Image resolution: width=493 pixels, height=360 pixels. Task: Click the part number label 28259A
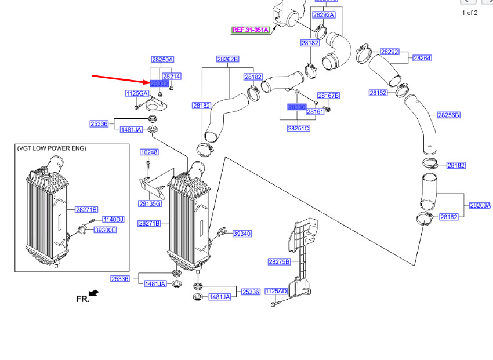pyautogui.click(x=163, y=60)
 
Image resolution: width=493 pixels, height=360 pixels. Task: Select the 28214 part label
pyautogui.click(x=172, y=77)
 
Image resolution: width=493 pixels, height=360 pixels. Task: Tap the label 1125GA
pyautogui.click(x=137, y=93)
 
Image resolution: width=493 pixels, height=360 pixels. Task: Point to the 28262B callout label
pyautogui.click(x=228, y=59)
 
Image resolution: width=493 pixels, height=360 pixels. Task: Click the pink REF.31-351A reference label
pyautogui.click(x=251, y=30)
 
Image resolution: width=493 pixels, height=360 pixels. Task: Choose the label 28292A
pyautogui.click(x=324, y=15)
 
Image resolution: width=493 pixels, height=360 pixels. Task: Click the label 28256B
pyautogui.click(x=448, y=115)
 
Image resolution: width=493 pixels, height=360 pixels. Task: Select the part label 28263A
pyautogui.click(x=480, y=205)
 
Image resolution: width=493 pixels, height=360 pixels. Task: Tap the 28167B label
pyautogui.click(x=328, y=96)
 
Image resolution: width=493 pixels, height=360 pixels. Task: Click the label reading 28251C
pyautogui.click(x=298, y=128)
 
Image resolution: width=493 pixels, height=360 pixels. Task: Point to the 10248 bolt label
pyautogui.click(x=149, y=152)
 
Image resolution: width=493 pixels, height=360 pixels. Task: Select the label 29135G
pyautogui.click(x=150, y=203)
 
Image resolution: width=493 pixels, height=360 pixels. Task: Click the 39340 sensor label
pyautogui.click(x=242, y=234)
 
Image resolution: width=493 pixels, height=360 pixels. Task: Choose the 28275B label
pyautogui.click(x=279, y=262)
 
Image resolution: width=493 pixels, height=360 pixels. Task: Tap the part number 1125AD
pyautogui.click(x=276, y=291)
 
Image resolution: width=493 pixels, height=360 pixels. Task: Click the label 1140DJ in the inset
pyautogui.click(x=114, y=220)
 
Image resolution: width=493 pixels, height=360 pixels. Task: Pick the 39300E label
pyautogui.click(x=106, y=230)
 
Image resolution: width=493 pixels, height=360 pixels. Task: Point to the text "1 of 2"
pyautogui.click(x=470, y=13)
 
